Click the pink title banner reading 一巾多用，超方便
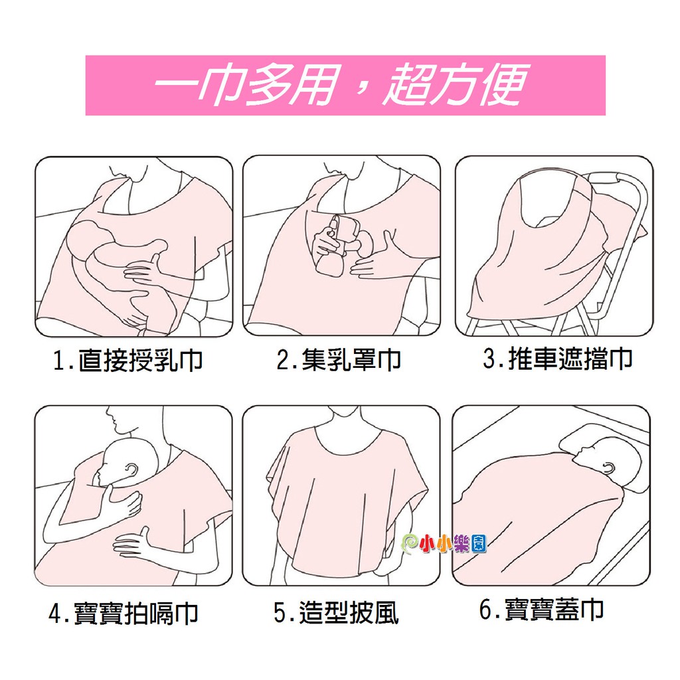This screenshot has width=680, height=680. coord(345,86)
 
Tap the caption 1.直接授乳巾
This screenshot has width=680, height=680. coord(128,360)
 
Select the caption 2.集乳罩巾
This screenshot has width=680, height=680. coord(339,359)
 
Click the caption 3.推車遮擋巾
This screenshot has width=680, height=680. coord(558,359)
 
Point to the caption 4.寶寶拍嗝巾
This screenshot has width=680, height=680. coord(124,613)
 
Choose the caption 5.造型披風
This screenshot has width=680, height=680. coord(336,612)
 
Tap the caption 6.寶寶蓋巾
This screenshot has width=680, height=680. coord(542,609)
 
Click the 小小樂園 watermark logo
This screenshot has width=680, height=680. coord(444,543)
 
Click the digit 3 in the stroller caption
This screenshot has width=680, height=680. coord(489,359)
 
